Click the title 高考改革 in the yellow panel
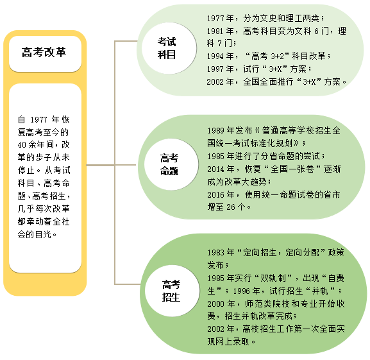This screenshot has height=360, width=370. tap(44, 52)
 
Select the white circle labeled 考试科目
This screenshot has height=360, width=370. tap(169, 48)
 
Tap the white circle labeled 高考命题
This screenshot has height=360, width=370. tap(171, 164)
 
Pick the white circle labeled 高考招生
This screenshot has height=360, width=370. tap(172, 291)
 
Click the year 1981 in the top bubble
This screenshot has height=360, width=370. tap(215, 31)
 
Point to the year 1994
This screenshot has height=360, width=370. tap(215, 56)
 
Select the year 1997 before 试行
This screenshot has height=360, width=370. tap(215, 69)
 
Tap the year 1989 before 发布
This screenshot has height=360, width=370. tap(215, 130)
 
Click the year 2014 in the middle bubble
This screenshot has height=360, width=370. tap(215, 169)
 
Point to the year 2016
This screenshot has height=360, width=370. tap(215, 194)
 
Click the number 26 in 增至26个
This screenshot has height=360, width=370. tap(231, 207)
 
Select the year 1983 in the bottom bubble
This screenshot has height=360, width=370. tap(215, 253)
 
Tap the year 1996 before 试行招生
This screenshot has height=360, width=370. tap(241, 291)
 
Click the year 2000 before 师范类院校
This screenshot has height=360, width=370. tap(215, 304)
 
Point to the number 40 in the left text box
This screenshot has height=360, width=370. tap(22, 145)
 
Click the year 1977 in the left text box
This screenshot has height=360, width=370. tap(39, 120)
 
